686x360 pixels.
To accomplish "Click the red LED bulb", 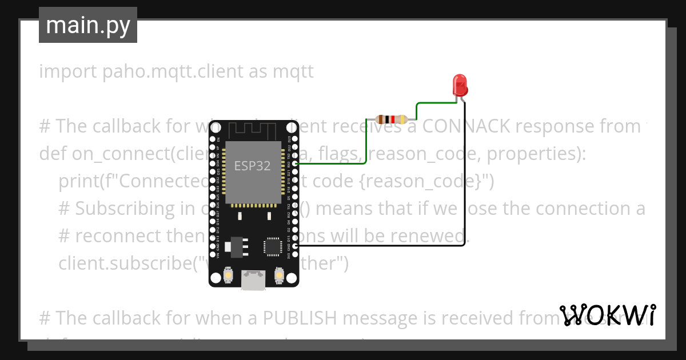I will click(x=460, y=85).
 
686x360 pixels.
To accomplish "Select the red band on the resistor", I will click(x=393, y=119).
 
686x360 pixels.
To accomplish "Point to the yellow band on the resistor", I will click(x=402, y=119).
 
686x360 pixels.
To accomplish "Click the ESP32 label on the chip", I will click(x=252, y=165).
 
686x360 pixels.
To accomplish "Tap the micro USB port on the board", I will click(x=253, y=280).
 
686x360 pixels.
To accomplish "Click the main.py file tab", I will click(x=88, y=25).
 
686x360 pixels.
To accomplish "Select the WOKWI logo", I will click(x=608, y=315).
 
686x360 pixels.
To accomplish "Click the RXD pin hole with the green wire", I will click(x=294, y=163).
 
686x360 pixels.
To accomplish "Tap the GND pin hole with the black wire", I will click(x=294, y=246).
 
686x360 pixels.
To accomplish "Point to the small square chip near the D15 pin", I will click(x=272, y=247).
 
